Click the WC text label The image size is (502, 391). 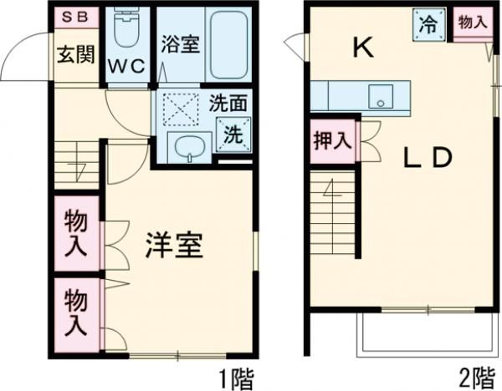click(127, 64)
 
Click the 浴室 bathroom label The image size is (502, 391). click(180, 43)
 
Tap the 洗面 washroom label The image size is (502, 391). click(228, 105)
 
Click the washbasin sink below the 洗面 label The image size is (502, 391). click(188, 147)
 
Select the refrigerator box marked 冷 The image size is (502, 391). click(427, 24)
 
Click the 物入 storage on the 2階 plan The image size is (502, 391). click(472, 22)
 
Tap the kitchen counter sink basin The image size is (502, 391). click(381, 95)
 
